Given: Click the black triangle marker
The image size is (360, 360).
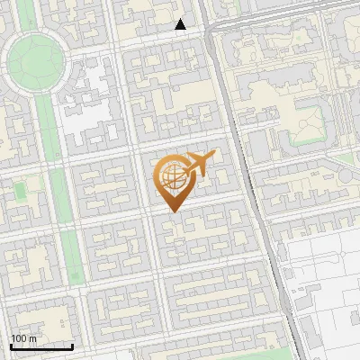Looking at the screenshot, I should tap(181, 25).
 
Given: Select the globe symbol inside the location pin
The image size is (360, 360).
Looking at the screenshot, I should tap(172, 177).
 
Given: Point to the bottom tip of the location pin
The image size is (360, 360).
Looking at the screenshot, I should tap(172, 212).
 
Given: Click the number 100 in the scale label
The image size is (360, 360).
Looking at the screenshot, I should tap(18, 338).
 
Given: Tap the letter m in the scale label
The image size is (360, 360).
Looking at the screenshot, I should tap(32, 338).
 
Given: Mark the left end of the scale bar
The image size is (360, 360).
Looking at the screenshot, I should tap(10, 346).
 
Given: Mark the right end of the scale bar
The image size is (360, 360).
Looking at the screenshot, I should tap(72, 346).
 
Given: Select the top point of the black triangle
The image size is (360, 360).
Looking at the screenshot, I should tap(181, 20).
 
